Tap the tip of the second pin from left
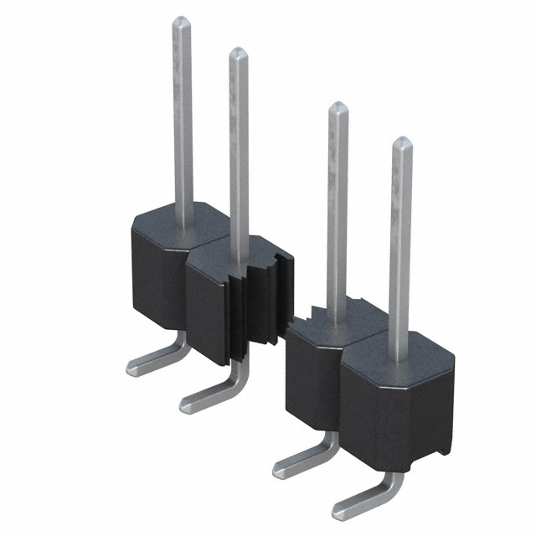point(239,54)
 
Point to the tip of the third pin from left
point(338,107)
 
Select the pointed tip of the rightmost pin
point(402,142)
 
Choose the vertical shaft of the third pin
point(337,218)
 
